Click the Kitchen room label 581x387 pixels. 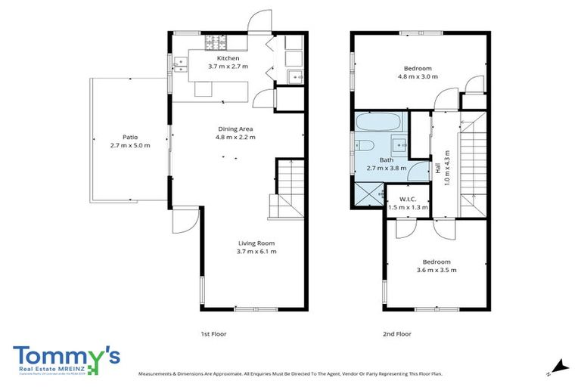[x=228, y=58]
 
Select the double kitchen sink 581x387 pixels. [x=180, y=67]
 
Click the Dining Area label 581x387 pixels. [x=236, y=129]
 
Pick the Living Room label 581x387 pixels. [x=256, y=243]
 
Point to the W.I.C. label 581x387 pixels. [x=407, y=199]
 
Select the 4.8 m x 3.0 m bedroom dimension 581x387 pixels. [x=418, y=76]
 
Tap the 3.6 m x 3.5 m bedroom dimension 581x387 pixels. [x=437, y=270]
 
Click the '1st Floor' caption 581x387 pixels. [x=214, y=333]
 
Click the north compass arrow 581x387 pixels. [x=559, y=366]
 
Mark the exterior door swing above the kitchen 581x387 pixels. [x=262, y=21]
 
